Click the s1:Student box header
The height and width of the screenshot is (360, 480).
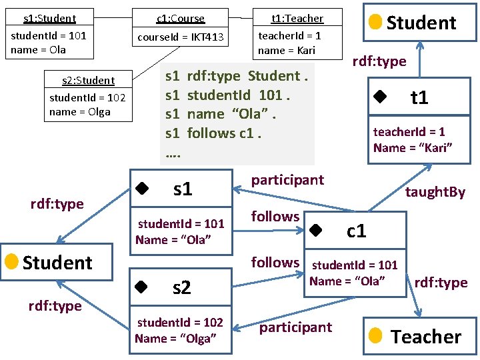tap(49, 19)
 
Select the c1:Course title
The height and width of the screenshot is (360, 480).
tap(181, 19)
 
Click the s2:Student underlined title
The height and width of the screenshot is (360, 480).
tap(88, 81)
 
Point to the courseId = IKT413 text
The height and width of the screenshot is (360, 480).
tap(181, 37)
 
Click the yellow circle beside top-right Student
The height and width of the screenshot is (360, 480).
tap(375, 22)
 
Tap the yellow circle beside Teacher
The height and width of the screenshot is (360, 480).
tap(375, 335)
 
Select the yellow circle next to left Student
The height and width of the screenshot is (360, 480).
tap(11, 261)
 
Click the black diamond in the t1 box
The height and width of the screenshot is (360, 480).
tap(380, 97)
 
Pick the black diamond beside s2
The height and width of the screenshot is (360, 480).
tap(141, 287)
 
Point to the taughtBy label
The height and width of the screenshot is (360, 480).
tap(435, 192)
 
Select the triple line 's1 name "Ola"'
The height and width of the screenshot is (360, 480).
tap(221, 114)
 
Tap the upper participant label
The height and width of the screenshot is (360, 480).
tap(287, 179)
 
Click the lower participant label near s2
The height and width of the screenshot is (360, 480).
tap(295, 327)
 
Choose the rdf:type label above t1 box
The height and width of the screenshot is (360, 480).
tap(379, 61)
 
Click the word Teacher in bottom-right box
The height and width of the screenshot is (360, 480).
tap(426, 337)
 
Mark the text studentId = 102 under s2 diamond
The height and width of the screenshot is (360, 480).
tap(180, 323)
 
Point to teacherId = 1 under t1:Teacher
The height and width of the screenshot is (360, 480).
tap(289, 36)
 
